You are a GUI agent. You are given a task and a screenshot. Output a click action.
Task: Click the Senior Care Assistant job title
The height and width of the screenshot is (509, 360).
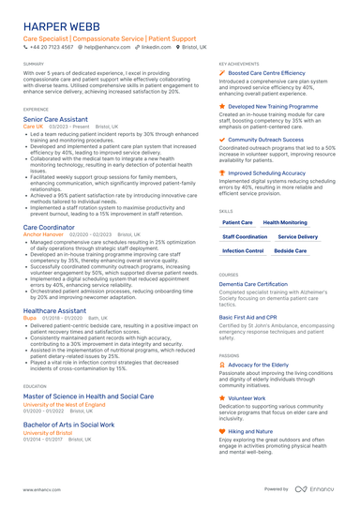click(x=55, y=120)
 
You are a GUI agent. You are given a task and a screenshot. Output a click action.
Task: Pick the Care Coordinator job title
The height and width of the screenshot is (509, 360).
click(x=49, y=227)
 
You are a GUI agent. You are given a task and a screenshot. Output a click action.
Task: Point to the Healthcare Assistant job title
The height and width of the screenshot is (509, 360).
click(x=55, y=310)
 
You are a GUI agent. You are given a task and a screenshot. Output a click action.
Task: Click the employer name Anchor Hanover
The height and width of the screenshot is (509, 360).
click(x=42, y=234)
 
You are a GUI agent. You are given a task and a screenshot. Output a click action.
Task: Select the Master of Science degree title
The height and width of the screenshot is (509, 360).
click(x=88, y=397)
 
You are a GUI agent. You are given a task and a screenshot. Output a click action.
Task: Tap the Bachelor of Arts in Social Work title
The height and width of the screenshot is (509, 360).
click(x=68, y=425)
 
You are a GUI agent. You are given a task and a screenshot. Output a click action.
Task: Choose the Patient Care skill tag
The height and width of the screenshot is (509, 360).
click(x=237, y=222)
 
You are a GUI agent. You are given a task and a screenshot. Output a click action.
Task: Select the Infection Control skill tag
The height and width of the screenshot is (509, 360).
click(x=243, y=251)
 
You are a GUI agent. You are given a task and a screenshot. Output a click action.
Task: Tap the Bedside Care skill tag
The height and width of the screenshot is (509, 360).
click(x=291, y=251)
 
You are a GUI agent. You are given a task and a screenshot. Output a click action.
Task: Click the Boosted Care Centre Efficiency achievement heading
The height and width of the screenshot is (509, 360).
click(x=266, y=72)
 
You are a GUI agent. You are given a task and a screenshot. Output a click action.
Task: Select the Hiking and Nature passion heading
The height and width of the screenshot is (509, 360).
click(x=250, y=431)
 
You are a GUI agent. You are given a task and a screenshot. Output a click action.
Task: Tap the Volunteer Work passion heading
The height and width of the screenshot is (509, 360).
click(x=247, y=398)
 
